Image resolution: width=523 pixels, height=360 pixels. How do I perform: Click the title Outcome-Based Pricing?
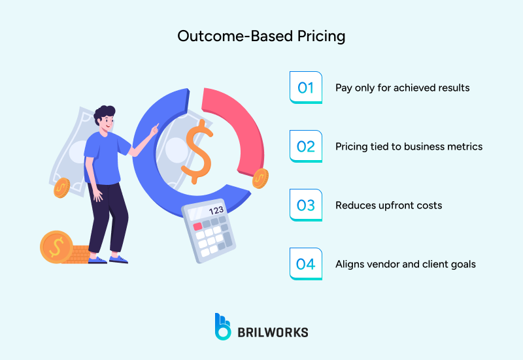(x=261, y=37)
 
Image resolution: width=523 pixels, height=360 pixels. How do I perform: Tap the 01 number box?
(x=305, y=88)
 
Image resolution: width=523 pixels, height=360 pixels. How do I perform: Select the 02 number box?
(x=305, y=146)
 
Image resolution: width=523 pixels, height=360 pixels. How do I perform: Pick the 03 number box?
(x=305, y=205)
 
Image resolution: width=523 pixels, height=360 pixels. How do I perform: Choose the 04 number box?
(x=305, y=264)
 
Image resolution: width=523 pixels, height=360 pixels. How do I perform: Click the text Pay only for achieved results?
(x=402, y=88)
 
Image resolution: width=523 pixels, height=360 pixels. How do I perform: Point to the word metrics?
(x=463, y=146)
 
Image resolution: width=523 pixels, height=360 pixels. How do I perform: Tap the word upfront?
(x=391, y=205)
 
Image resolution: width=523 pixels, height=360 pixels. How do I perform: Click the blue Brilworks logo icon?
(x=223, y=326)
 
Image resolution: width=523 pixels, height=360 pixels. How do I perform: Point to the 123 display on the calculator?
(x=215, y=211)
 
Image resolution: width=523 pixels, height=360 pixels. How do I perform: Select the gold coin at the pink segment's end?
(x=260, y=177)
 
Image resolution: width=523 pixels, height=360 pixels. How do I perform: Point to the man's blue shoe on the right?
(x=119, y=259)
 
